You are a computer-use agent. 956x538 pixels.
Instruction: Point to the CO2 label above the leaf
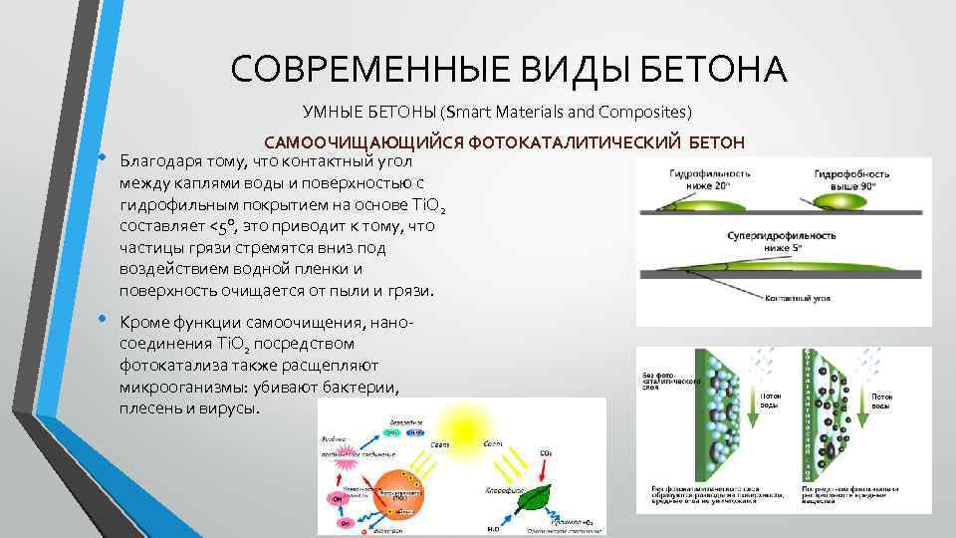(x=546, y=455)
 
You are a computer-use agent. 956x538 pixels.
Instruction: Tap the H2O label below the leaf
(x=493, y=526)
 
